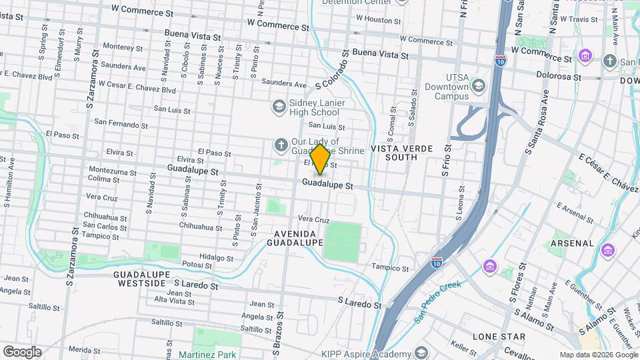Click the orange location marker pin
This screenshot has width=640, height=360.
pyautogui.click(x=320, y=159)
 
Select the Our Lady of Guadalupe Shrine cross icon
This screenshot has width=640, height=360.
pyautogui.click(x=281, y=145)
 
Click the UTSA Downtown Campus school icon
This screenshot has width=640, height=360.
pyautogui.click(x=477, y=85)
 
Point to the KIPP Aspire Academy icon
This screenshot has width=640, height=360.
pyautogui.click(x=421, y=352)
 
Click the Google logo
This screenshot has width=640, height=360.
pyautogui.click(x=22, y=351)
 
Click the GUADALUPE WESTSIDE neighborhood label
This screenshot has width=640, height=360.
pyautogui.click(x=139, y=279)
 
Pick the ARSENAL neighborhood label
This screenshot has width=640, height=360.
pyautogui.click(x=572, y=243)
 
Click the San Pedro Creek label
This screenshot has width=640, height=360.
pyautogui.click(x=437, y=303)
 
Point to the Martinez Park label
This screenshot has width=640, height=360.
pyautogui.click(x=207, y=355)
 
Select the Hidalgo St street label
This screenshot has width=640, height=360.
pyautogui.click(x=216, y=257)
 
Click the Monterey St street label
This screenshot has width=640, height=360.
pyautogui.click(x=119, y=47)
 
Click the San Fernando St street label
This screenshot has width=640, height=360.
pyautogui.click(x=121, y=123)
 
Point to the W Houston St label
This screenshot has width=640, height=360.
pyautogui.click(x=378, y=19)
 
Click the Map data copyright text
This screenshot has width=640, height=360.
pyautogui.click(x=598, y=355)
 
